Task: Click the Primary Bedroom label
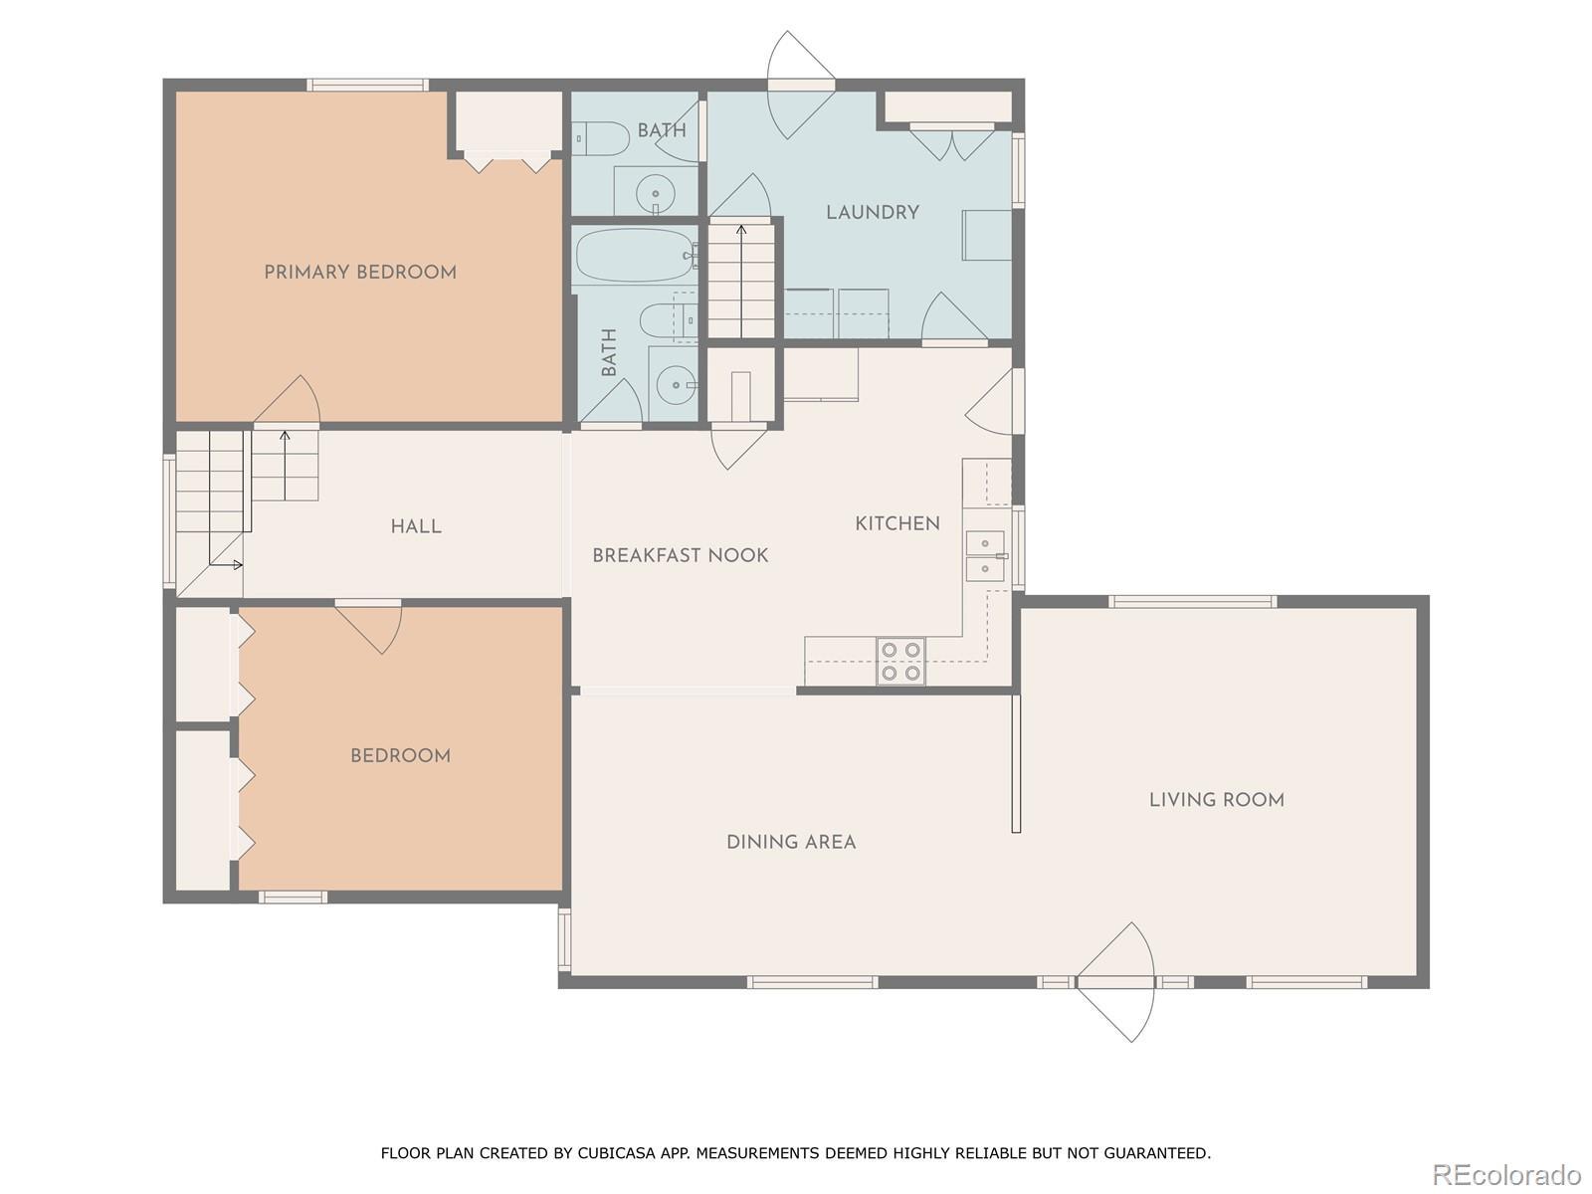(360, 273)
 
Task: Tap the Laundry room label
(873, 212)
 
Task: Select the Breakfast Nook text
(681, 555)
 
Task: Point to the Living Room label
(1216, 800)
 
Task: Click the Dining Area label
(791, 842)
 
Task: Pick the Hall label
(416, 526)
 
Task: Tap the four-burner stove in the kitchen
(900, 661)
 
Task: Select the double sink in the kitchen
(985, 556)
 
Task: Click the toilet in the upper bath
(601, 138)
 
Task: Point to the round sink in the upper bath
(656, 194)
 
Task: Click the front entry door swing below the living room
(1115, 982)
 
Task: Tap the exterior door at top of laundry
(801, 85)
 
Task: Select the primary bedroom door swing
(288, 399)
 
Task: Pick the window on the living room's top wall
(1192, 601)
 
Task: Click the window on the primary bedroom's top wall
(367, 85)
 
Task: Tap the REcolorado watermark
(1506, 1173)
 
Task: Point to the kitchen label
(897, 523)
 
